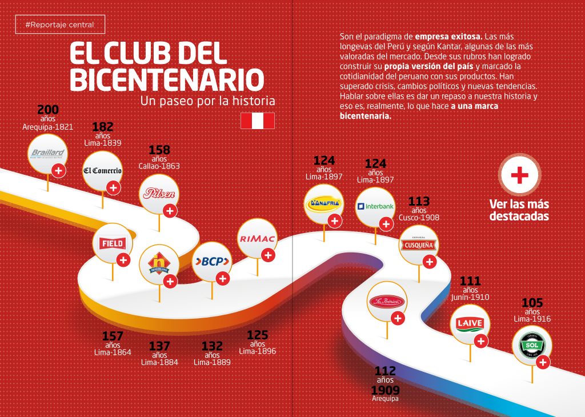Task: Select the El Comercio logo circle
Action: tap(102, 170)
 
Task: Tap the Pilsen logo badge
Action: tap(159, 194)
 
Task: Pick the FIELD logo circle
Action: tap(112, 243)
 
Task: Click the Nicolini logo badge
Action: tap(159, 264)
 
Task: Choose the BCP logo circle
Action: tap(212, 262)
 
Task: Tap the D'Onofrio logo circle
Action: tap(324, 203)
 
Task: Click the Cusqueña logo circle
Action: tap(419, 245)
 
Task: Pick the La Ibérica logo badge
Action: tap(386, 302)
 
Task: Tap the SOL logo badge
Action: tap(532, 346)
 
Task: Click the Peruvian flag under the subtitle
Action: tap(257, 121)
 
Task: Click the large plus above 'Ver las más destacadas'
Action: tap(519, 175)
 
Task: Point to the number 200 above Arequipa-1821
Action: tap(48, 110)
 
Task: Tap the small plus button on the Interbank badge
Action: tap(386, 223)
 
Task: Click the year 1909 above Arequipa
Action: tap(385, 390)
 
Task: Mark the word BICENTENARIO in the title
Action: tap(167, 79)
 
